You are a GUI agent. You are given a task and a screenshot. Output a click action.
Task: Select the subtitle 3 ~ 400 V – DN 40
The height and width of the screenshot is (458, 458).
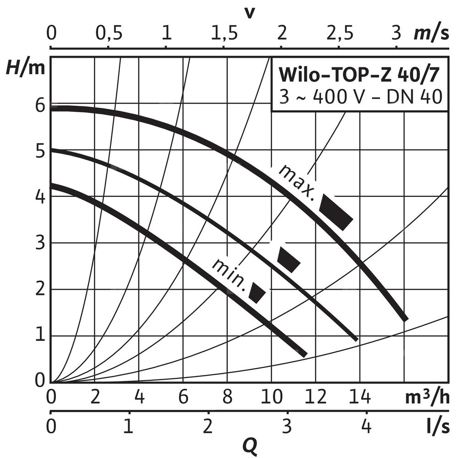tap(360, 97)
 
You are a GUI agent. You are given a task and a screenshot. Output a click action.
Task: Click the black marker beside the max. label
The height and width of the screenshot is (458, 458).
tap(336, 211)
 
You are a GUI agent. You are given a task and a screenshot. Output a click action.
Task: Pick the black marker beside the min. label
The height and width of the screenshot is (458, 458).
tap(257, 293)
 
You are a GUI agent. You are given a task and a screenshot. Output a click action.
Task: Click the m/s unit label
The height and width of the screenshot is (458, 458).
tap(432, 33)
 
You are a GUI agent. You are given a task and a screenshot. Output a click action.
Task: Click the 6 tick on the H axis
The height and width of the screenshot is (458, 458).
tap(40, 106)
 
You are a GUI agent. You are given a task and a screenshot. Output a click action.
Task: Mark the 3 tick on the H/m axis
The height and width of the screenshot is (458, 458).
tap(40, 243)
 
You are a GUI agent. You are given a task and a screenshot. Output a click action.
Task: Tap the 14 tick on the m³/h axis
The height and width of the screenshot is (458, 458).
tap(360, 397)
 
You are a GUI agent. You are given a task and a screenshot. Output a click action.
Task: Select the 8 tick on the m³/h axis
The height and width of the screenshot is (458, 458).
tap(228, 397)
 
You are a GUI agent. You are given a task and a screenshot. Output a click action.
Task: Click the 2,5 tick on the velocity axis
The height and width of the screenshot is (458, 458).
tap(338, 33)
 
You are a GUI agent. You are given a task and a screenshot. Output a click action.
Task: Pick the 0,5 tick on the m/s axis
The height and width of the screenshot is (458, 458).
tap(108, 33)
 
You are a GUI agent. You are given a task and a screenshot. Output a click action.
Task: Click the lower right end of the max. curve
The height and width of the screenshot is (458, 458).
tap(404, 318)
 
